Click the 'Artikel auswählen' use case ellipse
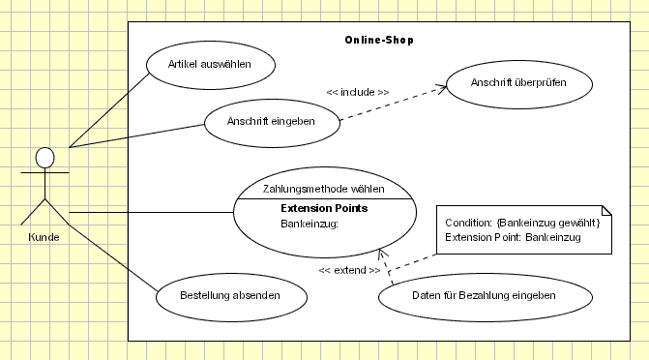click(x=210, y=65)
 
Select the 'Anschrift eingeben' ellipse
click(x=272, y=123)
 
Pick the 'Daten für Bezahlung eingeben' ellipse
click(x=470, y=295)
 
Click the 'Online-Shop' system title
click(x=379, y=41)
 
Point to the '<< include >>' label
click(x=358, y=92)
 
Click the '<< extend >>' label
click(x=349, y=270)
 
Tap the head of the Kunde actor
click(x=44, y=157)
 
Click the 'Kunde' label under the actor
click(x=44, y=237)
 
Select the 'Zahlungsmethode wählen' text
click(x=324, y=189)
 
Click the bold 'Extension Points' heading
click(x=324, y=208)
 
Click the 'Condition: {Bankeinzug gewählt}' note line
click(x=522, y=224)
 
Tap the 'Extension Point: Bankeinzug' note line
click(x=513, y=237)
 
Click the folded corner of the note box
click(x=606, y=211)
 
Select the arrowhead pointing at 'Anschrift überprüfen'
click(x=442, y=88)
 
